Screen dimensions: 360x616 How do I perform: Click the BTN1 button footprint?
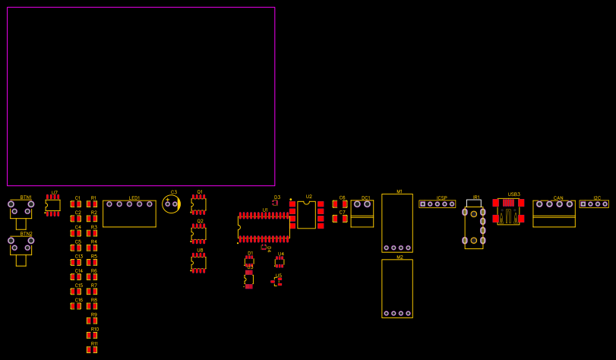(21, 210)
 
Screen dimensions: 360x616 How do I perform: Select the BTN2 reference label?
(27, 234)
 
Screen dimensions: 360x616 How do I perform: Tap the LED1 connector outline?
(129, 213)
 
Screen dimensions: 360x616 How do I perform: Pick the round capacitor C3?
(171, 204)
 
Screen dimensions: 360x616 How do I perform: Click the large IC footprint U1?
(264, 227)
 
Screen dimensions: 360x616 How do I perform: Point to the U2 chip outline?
(306, 215)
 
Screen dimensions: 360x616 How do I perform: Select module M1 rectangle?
(397, 223)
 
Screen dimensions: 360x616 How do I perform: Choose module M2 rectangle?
(397, 289)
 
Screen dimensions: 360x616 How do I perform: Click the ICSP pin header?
(438, 204)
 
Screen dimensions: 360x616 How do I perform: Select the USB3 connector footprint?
(508, 211)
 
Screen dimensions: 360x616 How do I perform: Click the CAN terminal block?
(554, 213)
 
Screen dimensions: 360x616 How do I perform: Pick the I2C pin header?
(594, 204)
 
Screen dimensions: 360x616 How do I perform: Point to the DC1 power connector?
(362, 213)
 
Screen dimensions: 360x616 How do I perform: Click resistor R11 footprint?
(92, 350)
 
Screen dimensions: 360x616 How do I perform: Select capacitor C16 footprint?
(76, 306)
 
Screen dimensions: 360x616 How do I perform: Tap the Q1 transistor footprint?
(198, 204)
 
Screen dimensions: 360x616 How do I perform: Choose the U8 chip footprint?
(198, 263)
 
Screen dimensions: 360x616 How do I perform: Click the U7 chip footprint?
(52, 205)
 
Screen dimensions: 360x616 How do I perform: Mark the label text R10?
(95, 329)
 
